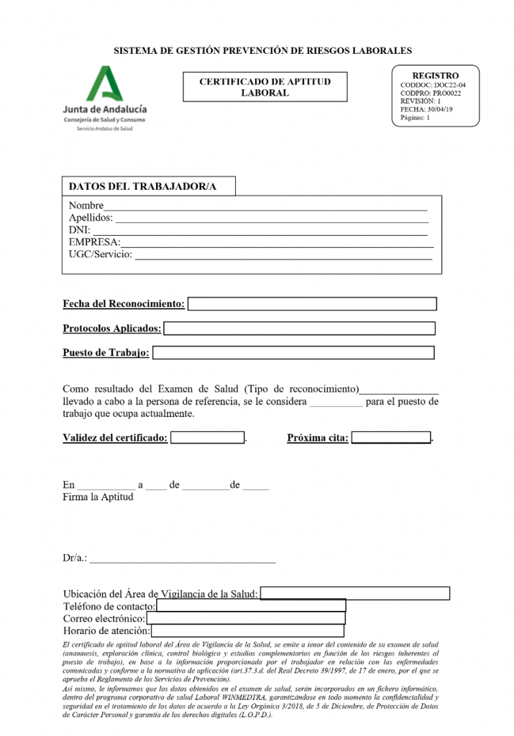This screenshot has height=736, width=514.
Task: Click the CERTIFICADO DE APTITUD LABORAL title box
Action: click(265, 87)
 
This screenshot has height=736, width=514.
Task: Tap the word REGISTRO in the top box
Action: click(435, 75)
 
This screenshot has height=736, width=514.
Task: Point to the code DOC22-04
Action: click(450, 85)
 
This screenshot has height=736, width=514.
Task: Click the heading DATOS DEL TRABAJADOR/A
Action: click(142, 187)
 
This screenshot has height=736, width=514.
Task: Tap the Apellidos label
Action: click(90, 218)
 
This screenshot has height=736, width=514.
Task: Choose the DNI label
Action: click(78, 230)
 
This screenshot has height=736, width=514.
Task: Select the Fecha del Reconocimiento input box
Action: click(312, 304)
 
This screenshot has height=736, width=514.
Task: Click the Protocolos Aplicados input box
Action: click(300, 328)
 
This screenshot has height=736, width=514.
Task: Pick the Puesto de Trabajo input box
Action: click(293, 353)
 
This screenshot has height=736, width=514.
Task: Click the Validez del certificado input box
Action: click(208, 437)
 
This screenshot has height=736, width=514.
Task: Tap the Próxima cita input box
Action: click(390, 437)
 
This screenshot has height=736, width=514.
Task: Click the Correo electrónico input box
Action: click(246, 618)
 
